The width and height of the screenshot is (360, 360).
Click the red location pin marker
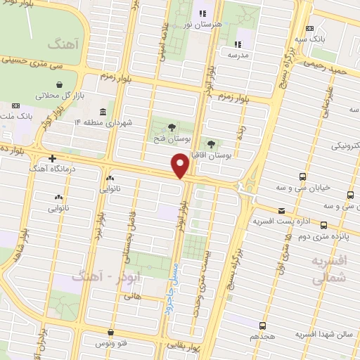pyautogui.click(x=181, y=166)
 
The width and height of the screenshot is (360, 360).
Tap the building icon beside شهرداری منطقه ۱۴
pyautogui.click(x=103, y=111)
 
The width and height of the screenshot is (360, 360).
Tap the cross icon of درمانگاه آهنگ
pyautogui.click(x=52, y=157)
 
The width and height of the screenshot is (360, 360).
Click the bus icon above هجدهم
pyautogui.click(x=262, y=326)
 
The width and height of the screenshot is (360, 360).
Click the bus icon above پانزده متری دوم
pyautogui.click(x=324, y=226)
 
